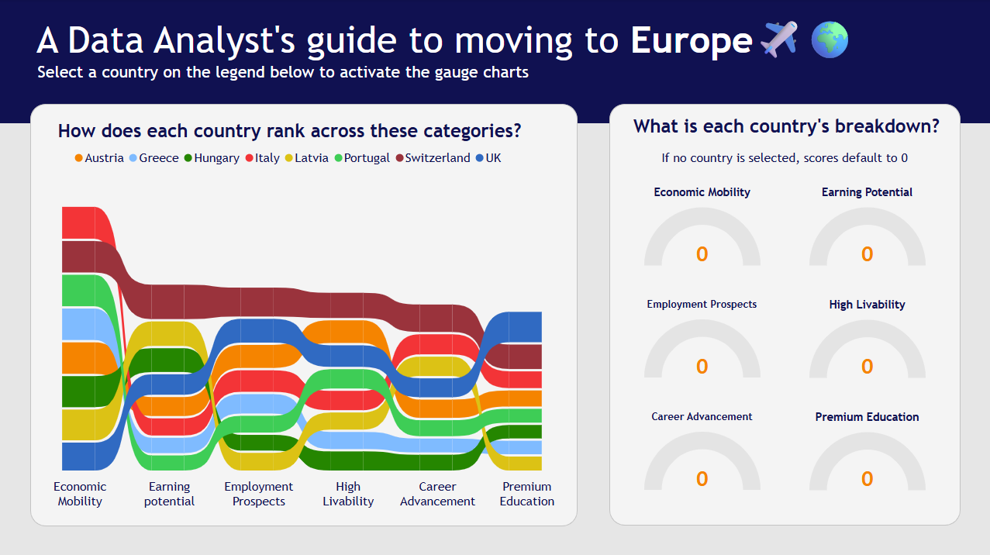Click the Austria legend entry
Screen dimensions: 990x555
point(99,158)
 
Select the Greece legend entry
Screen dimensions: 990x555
point(154,158)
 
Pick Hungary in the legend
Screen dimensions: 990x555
point(212,158)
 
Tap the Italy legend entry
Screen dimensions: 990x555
point(263,158)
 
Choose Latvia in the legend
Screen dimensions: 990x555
point(307,158)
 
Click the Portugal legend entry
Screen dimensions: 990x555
point(362,158)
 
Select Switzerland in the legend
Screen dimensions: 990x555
point(433,158)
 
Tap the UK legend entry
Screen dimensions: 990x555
point(488,158)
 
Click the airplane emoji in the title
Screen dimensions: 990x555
point(779,40)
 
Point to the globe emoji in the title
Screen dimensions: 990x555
point(830,40)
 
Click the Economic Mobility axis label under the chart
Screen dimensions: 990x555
point(80,494)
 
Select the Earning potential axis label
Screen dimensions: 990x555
point(169,494)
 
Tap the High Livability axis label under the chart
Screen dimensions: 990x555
point(348,494)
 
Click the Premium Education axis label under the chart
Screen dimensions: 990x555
point(527,494)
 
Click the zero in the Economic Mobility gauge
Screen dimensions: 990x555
point(702,254)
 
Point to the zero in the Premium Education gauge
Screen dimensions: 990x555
point(868,479)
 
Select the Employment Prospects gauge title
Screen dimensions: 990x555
point(702,304)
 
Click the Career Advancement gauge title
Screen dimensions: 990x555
point(702,416)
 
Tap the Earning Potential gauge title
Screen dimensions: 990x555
point(868,192)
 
